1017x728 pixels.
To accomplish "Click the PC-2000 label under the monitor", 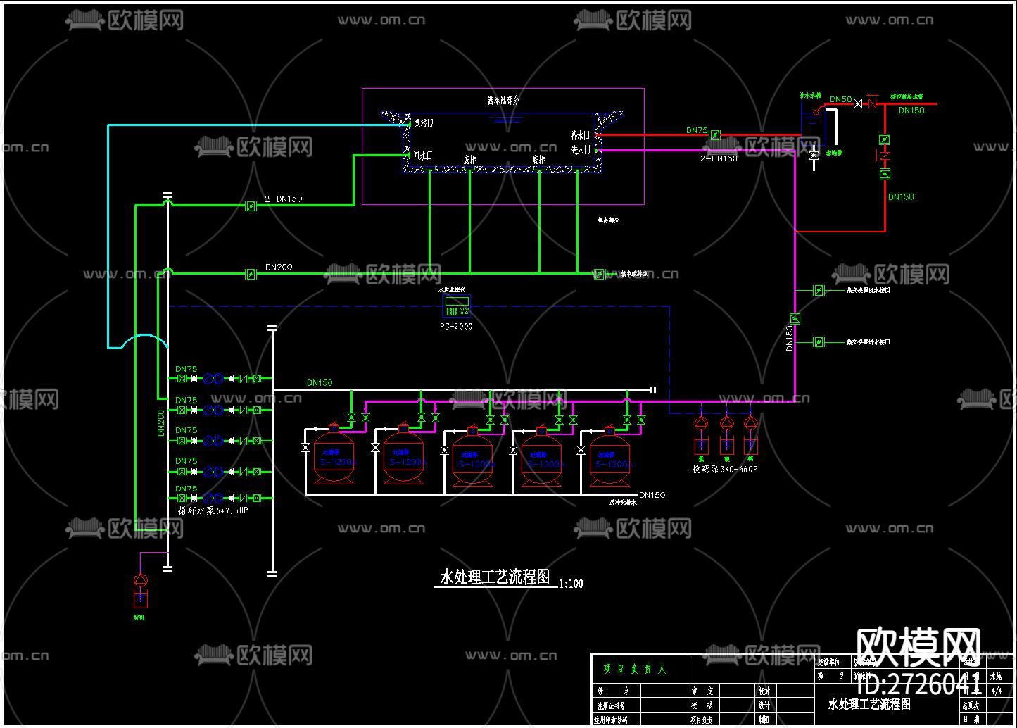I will [x=456, y=326].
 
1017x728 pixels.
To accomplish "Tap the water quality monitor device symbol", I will [x=456, y=307].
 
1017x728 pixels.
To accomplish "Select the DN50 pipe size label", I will [x=840, y=100].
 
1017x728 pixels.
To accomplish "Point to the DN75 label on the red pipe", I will [x=697, y=130].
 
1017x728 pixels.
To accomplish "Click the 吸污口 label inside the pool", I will [x=424, y=124].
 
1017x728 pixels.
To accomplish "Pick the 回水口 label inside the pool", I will [x=423, y=156].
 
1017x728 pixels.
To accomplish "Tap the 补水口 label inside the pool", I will [x=581, y=134].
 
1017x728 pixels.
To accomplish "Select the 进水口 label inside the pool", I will [x=581, y=150].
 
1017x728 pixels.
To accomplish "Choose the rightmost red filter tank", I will [x=609, y=458].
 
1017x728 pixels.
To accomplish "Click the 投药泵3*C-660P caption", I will [x=726, y=469].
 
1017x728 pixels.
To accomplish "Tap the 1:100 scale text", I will [x=571, y=584].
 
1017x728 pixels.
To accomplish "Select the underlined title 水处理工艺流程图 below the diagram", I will [x=495, y=577].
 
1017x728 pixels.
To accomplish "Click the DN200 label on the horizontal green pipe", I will [x=279, y=268].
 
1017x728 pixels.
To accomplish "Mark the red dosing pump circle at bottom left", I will [x=141, y=579].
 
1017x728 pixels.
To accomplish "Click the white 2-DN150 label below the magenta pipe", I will [x=719, y=158].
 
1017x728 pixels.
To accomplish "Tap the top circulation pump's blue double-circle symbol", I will [x=213, y=379].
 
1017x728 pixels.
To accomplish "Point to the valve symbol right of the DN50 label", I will [x=858, y=103].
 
